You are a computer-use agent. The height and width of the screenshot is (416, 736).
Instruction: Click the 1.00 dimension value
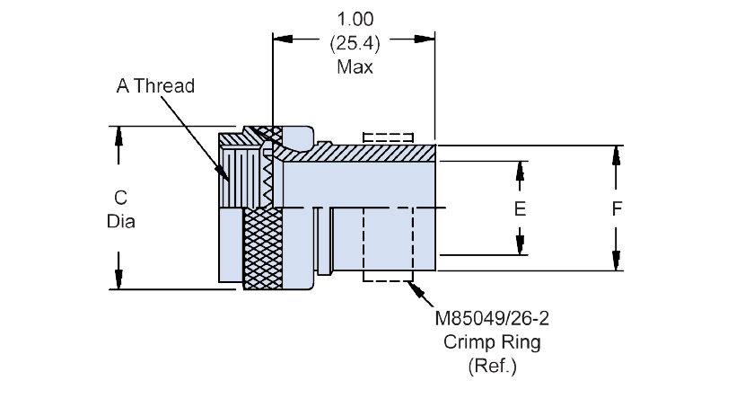click(355, 19)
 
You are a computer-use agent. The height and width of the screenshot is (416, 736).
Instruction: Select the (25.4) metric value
click(355, 43)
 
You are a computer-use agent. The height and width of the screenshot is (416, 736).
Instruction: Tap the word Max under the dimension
click(355, 66)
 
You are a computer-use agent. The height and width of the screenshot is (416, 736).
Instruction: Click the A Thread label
click(155, 86)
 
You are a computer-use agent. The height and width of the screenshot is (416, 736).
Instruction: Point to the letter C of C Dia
click(120, 198)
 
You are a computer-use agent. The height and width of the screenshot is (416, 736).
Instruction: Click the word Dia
click(120, 221)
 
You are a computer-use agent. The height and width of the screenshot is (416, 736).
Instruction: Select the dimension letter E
click(520, 208)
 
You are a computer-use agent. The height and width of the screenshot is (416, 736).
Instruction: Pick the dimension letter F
click(617, 208)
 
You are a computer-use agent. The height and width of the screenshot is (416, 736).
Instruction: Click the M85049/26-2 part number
click(492, 319)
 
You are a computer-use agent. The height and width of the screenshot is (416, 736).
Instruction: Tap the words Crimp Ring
click(492, 342)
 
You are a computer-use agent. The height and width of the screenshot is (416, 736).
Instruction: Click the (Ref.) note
click(492, 366)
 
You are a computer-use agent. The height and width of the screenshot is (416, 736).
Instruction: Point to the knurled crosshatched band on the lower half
click(263, 249)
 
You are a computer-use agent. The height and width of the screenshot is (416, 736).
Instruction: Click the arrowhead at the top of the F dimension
click(616, 155)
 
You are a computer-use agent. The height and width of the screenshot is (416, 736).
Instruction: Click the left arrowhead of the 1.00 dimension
click(283, 39)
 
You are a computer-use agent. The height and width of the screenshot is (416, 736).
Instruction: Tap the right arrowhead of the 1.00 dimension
click(425, 39)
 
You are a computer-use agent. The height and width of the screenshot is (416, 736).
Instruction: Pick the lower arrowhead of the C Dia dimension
click(118, 279)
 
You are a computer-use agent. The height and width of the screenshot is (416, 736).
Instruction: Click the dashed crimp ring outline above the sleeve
click(388, 137)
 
